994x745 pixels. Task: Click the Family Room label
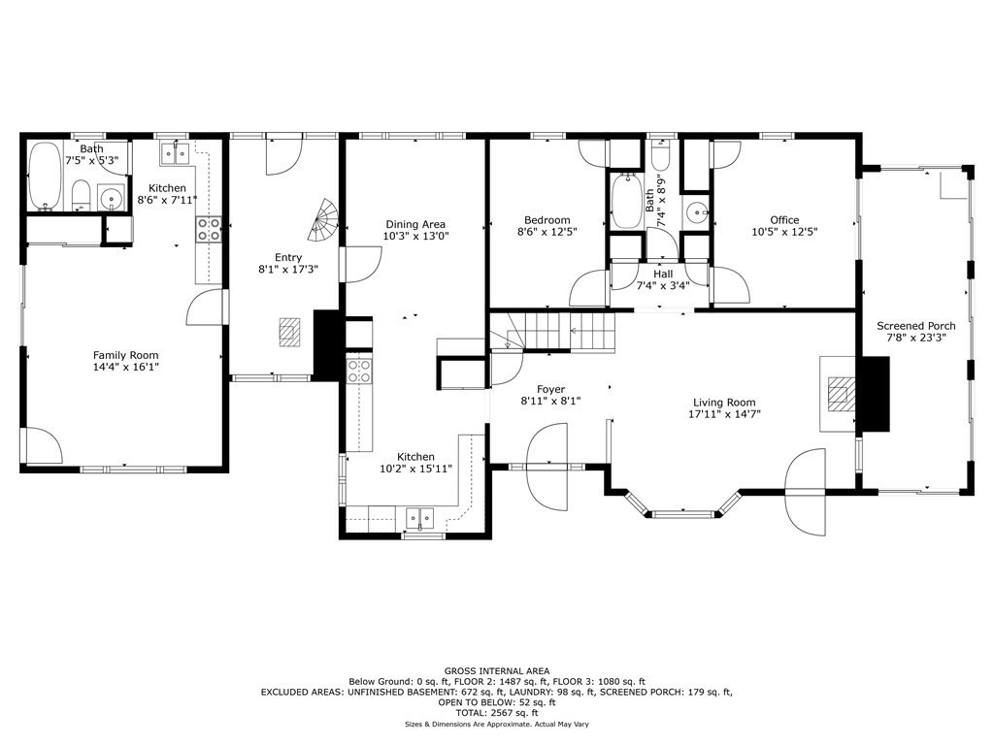point(125,355)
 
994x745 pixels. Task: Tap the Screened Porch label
point(916,326)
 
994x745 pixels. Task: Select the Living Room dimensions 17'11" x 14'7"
point(724,414)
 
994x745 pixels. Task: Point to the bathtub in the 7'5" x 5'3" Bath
point(45,177)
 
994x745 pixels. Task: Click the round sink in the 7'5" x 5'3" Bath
point(113,197)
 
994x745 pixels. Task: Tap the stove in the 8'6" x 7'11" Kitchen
point(209,229)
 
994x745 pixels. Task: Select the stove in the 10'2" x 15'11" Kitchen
point(359,371)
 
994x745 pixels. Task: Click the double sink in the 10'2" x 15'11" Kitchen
point(419,518)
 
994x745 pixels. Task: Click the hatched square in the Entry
point(291,332)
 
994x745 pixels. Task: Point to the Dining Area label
point(415,224)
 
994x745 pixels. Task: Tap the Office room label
point(784,220)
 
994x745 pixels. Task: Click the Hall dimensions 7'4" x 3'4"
point(663,286)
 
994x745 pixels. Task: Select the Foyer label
point(550,390)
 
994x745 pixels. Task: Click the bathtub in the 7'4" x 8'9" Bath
point(626,200)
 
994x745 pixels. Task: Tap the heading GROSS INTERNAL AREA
point(496,671)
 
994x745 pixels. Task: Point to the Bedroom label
point(547,220)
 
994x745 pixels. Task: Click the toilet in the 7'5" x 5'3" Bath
point(81,194)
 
